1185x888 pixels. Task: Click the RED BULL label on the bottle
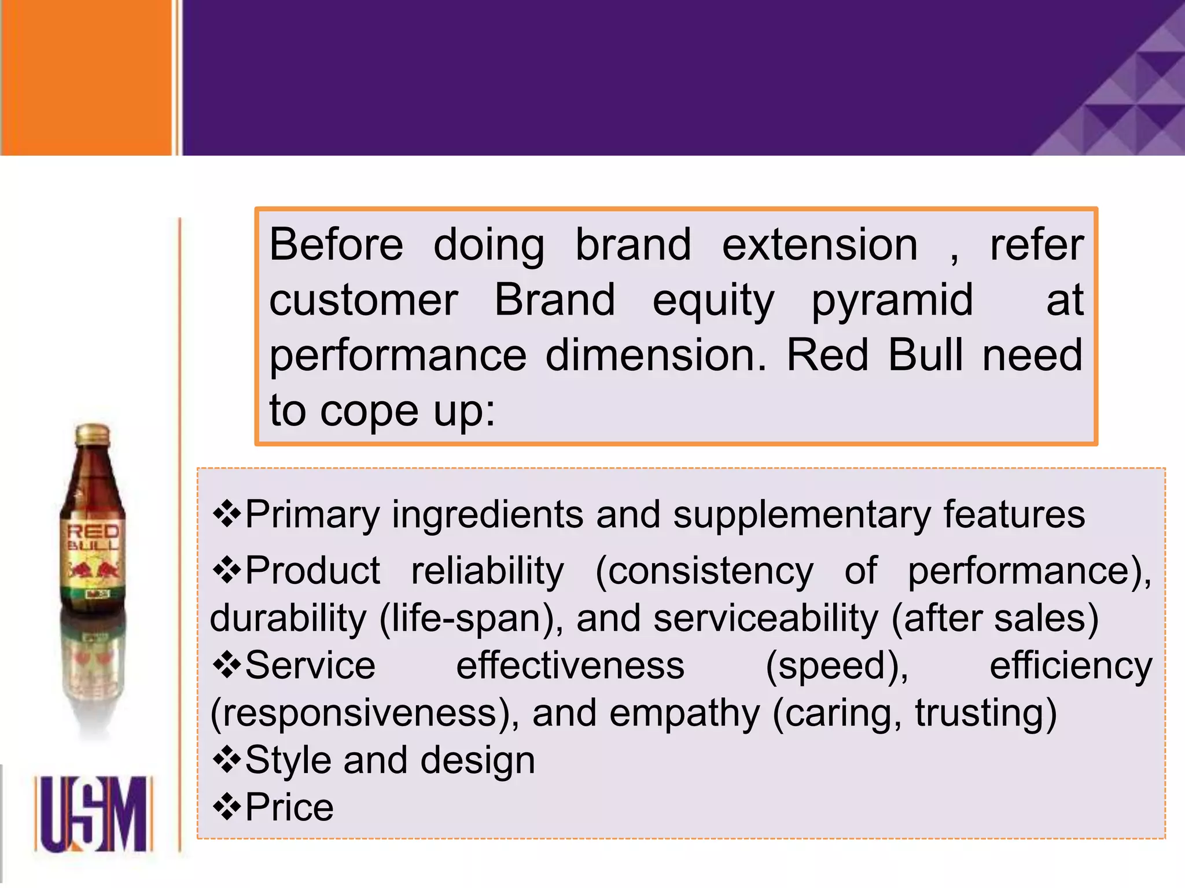pyautogui.click(x=93, y=538)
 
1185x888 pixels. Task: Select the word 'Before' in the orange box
pyautogui.click(x=336, y=245)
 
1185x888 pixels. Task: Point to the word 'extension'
pyautogui.click(x=819, y=245)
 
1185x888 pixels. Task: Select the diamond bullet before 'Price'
pyautogui.click(x=226, y=807)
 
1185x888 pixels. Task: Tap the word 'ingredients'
pyautogui.click(x=488, y=514)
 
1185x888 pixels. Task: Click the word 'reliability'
pyautogui.click(x=487, y=571)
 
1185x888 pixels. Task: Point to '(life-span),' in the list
pyautogui.click(x=471, y=619)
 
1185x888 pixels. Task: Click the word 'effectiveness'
pyautogui.click(x=570, y=666)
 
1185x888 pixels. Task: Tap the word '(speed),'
pyautogui.click(x=837, y=666)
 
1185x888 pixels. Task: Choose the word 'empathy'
pyautogui.click(x=684, y=713)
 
